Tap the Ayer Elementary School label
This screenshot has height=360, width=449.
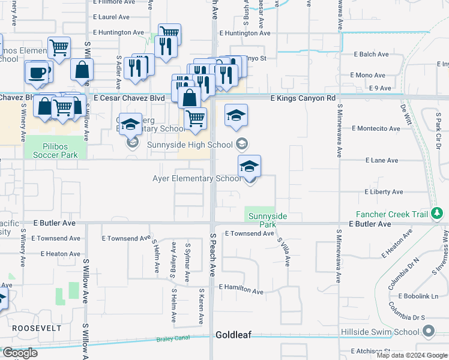196,178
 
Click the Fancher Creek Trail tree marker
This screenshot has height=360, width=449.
438,213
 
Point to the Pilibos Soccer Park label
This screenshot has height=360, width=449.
52,150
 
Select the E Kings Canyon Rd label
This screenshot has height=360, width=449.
303,98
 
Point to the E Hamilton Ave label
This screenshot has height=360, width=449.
241,290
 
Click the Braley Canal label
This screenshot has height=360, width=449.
173,338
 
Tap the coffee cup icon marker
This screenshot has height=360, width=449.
37,71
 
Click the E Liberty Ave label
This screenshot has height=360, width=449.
384,192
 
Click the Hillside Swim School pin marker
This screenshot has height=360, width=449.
429,331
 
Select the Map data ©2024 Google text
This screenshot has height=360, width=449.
411,355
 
